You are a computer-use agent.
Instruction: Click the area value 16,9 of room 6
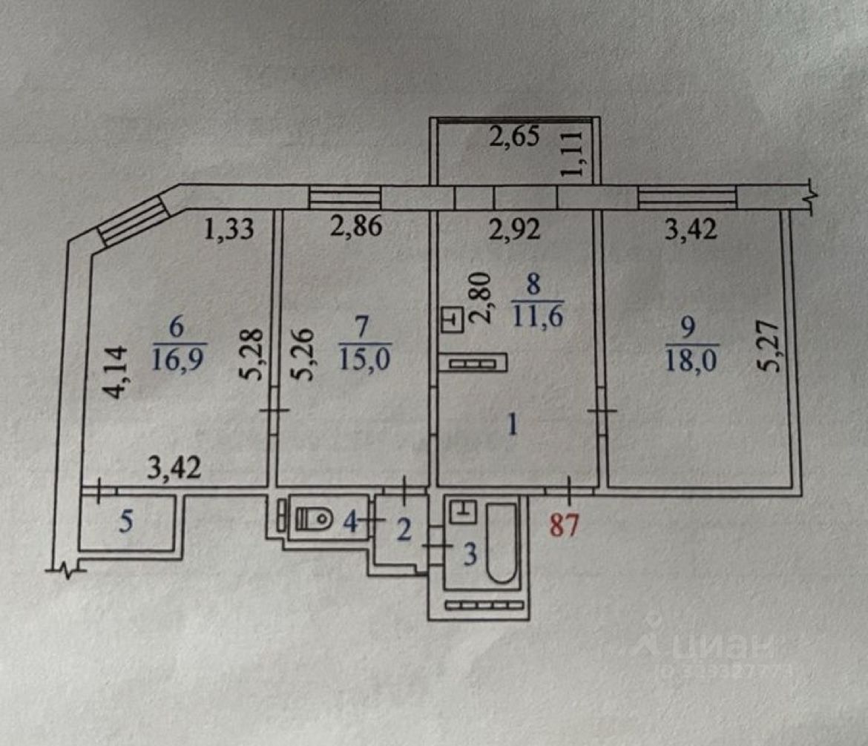click(x=180, y=360)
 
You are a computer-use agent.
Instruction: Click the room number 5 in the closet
click(x=127, y=522)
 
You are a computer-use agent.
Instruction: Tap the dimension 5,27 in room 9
click(x=770, y=345)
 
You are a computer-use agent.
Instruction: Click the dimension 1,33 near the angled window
click(x=229, y=229)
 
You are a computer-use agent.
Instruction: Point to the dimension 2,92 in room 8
click(x=516, y=229)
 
